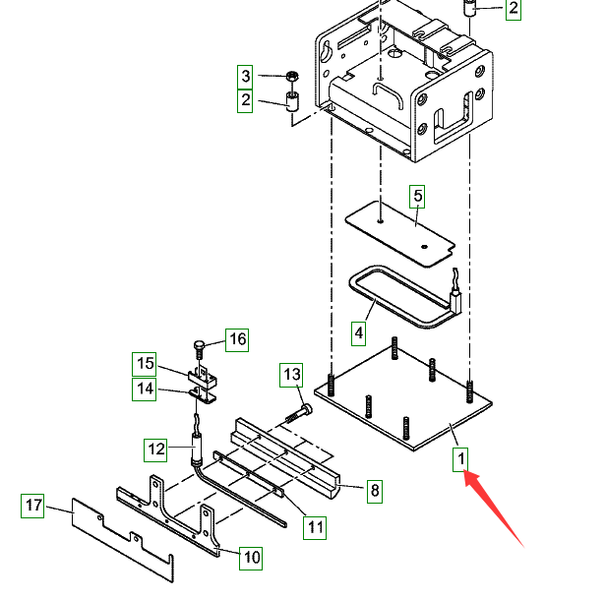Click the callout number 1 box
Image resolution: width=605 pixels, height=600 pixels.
pos(460,458)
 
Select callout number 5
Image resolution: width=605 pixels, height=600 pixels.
pos(417,196)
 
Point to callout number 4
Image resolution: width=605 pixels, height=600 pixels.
pos(359,332)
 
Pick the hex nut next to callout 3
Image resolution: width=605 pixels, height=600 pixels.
pos(291,77)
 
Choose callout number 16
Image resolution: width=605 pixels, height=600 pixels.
pos(237,340)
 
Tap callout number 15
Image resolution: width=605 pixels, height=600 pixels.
pos(145,364)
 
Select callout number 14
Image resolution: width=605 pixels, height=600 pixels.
pos(145,390)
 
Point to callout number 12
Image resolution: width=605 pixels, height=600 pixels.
pos(157,450)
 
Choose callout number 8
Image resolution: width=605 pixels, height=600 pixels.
pos(374,490)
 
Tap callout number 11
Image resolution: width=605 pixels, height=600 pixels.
pos(314,526)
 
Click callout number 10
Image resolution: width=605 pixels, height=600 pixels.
pos(252,558)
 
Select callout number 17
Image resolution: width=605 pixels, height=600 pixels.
pos(34,507)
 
